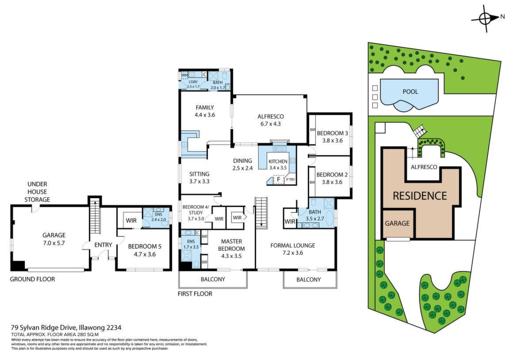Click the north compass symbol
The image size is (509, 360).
click(x=486, y=19)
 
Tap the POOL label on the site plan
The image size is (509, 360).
click(x=410, y=92)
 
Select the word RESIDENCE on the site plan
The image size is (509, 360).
click(x=420, y=196)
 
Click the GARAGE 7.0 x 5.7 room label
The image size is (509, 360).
click(x=54, y=239)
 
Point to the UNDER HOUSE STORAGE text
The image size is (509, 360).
click(x=37, y=192)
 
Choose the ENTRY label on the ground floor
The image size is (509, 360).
click(x=103, y=245)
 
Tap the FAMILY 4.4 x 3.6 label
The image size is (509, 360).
click(x=205, y=111)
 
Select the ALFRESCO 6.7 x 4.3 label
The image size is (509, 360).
click(x=270, y=120)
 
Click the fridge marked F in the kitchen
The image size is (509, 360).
click(x=278, y=179)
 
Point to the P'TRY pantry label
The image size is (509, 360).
click(x=291, y=180)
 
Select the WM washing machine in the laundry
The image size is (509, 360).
click(x=184, y=75)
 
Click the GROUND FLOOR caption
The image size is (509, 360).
click(x=32, y=279)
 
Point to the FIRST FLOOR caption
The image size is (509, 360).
click(x=195, y=294)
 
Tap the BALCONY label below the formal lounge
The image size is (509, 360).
click(x=308, y=280)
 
